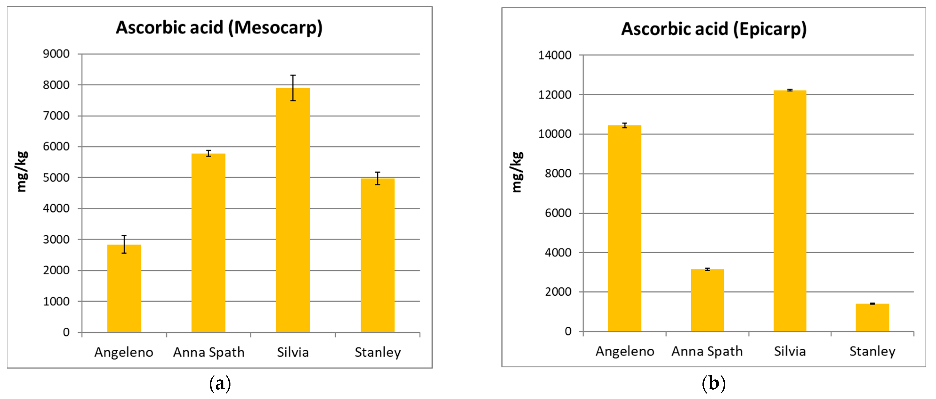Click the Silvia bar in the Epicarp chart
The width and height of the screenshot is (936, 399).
[x=790, y=211]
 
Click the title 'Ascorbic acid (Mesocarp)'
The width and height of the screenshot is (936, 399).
[x=219, y=28]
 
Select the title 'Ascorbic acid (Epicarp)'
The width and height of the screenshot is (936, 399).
[x=714, y=29]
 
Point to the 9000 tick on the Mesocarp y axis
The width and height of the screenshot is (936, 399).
[x=56, y=54]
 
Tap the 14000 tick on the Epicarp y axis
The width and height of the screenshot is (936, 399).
[x=554, y=55]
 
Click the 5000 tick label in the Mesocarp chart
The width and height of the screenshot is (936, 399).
[x=56, y=178]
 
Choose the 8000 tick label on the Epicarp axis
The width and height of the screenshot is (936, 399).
[x=558, y=174]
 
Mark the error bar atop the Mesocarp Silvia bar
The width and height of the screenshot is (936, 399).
[x=293, y=88]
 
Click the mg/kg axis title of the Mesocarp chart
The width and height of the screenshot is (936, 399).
[x=22, y=171]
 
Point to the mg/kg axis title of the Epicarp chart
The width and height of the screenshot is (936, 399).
[x=517, y=172]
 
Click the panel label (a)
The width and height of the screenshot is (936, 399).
[x=220, y=383]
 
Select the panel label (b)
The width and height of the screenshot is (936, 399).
[x=714, y=383]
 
